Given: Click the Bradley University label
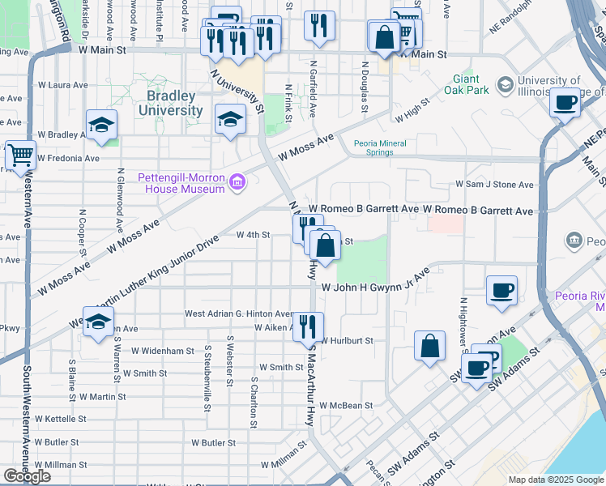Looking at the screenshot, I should (x=170, y=103).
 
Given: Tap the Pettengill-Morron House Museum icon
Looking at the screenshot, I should (x=237, y=183).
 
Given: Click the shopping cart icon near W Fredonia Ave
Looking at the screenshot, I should (x=20, y=155).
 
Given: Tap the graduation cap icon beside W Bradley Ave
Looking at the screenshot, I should (x=101, y=125).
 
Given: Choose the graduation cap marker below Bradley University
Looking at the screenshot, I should (x=230, y=120).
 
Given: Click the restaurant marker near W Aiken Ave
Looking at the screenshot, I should (x=307, y=326).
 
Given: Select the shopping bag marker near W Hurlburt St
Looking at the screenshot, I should (x=430, y=346).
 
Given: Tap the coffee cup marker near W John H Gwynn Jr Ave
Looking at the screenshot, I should (x=501, y=290).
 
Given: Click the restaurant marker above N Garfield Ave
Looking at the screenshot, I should (x=320, y=25).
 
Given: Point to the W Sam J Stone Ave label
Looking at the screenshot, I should (x=494, y=185).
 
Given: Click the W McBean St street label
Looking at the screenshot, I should (x=346, y=405).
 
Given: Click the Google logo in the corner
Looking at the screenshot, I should (x=27, y=476).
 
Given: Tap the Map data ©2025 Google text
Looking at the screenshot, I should (x=556, y=480).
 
